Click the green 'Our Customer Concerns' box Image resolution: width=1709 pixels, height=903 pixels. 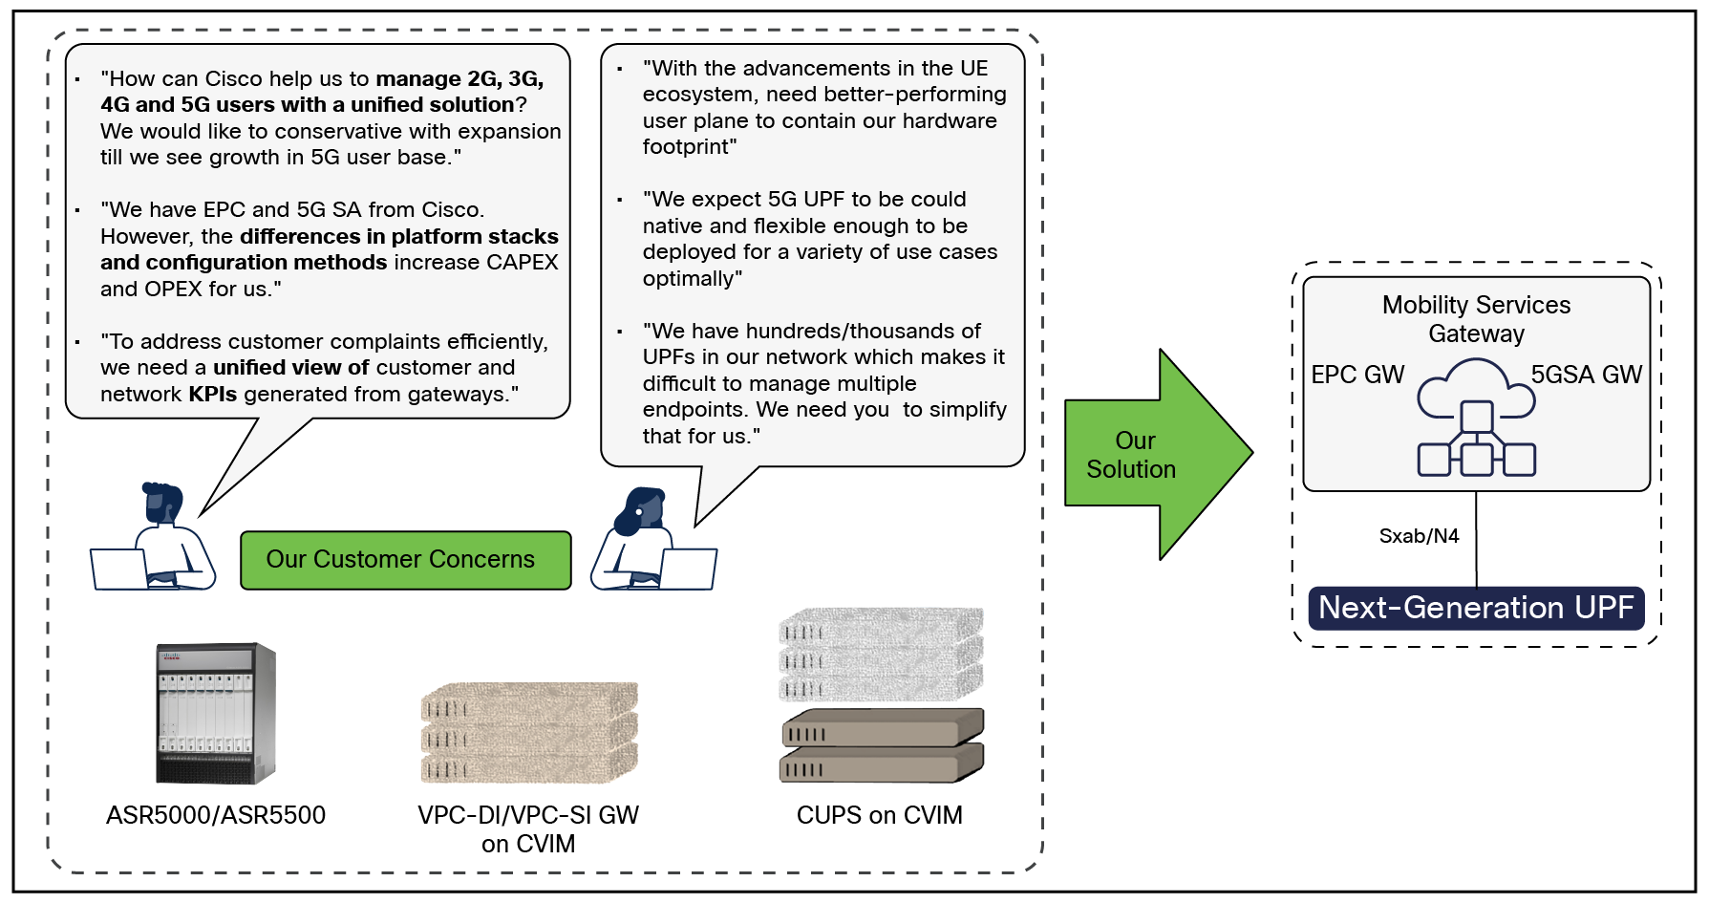[405, 560]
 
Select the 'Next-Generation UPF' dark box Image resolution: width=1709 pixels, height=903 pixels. [1476, 608]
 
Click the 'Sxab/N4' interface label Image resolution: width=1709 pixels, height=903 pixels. [1419, 536]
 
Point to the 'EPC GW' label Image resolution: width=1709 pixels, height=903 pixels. [1357, 375]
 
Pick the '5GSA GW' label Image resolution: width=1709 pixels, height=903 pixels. [1586, 375]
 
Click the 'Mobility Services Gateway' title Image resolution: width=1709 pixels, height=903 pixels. [1476, 319]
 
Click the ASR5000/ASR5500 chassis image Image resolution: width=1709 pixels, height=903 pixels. [216, 713]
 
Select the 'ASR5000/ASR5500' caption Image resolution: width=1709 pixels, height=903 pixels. [216, 815]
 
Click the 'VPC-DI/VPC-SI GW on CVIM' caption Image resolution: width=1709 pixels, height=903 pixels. [528, 828]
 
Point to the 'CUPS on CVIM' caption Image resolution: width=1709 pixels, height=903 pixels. [880, 815]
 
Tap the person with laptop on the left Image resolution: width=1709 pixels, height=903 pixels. [155, 540]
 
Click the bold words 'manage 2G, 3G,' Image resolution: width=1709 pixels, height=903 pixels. [459, 78]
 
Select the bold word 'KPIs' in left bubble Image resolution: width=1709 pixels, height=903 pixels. [212, 394]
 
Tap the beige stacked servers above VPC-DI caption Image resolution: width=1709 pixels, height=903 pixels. [528, 732]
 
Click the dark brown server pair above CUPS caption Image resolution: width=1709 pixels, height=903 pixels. [882, 745]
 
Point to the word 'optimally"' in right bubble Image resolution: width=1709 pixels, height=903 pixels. [692, 278]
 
